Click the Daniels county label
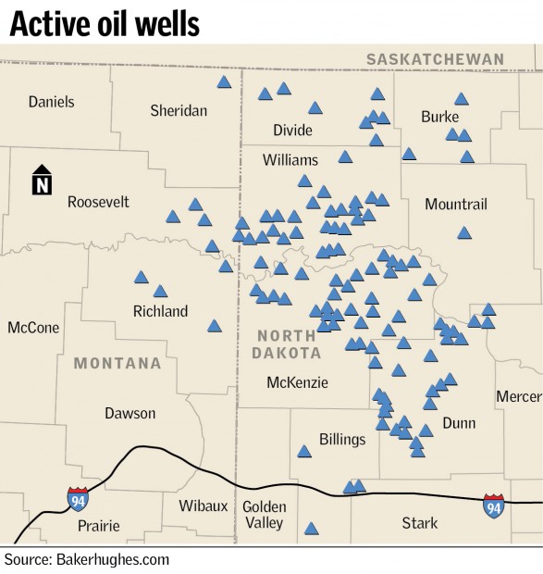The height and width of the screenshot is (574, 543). pos(51,102)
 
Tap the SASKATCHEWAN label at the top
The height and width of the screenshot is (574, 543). pos(435,59)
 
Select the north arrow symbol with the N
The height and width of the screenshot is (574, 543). pos(42,181)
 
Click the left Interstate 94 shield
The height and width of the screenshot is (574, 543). pos(79,500)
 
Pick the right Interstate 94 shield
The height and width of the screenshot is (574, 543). pos(494,505)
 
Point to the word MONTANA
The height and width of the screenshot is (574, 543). pos(117,363)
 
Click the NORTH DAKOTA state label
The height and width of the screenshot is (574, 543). pos(289,343)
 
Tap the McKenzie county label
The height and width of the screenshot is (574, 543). pos(297,382)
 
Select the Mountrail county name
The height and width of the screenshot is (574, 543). pos(455,204)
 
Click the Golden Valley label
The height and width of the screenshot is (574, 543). pos(263,515)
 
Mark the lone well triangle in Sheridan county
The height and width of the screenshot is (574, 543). pos(224,82)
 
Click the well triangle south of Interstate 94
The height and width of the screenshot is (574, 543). pos(311,529)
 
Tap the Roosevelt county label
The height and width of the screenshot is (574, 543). pos(98,201)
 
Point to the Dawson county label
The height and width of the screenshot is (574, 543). pos(130,413)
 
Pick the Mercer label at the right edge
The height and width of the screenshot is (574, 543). pos(518,396)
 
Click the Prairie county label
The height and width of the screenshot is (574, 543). pos(98,526)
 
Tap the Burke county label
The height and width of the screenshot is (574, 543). pos(439,117)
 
